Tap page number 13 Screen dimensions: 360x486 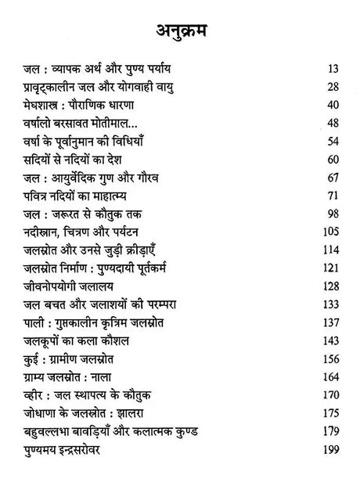[335, 68]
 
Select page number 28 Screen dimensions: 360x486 [335, 86]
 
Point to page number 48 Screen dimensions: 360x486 [335, 123]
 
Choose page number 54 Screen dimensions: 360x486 [335, 141]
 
